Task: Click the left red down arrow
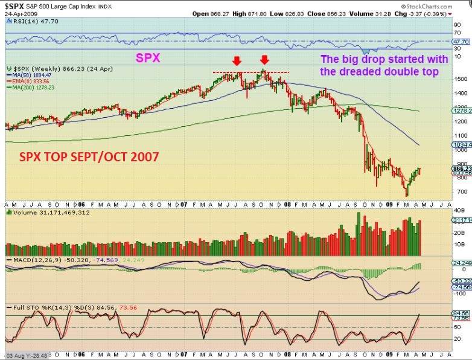(237, 61)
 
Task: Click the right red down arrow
(264, 60)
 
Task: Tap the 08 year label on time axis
(289, 205)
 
